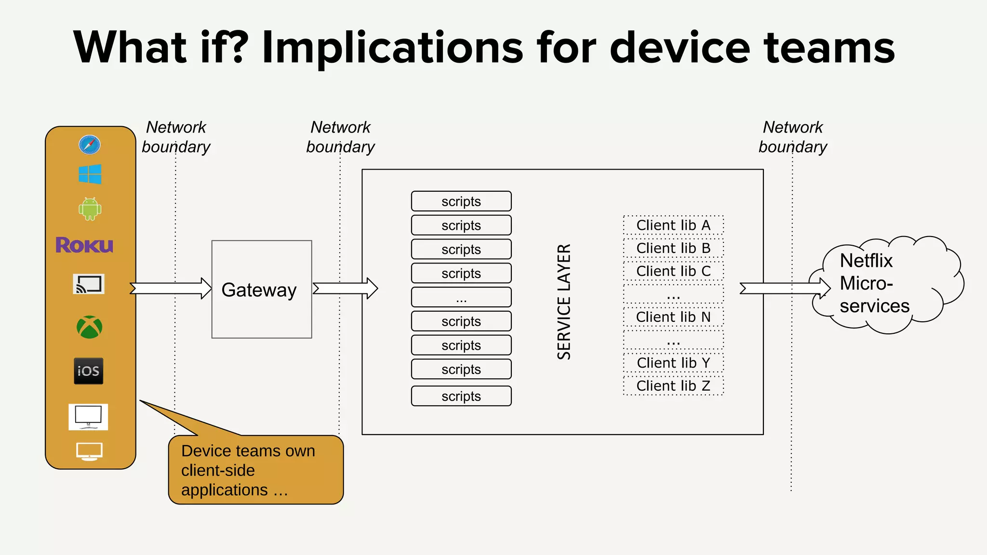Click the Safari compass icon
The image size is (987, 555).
tap(90, 145)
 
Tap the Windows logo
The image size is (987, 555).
tap(90, 174)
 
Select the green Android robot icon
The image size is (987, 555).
tap(90, 209)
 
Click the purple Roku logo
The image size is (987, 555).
tap(84, 245)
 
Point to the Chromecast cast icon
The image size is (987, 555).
tap(89, 284)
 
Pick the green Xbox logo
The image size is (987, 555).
tap(90, 327)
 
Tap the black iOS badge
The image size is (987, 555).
tap(89, 370)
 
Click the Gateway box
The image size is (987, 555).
tap(262, 289)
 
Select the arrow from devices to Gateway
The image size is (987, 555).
tap(171, 288)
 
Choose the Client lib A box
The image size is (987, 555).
tap(673, 225)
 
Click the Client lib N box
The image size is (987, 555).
tap(673, 317)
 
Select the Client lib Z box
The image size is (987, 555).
tap(673, 385)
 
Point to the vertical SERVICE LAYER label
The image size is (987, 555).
tap(564, 302)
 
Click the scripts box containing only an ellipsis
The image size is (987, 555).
tap(461, 297)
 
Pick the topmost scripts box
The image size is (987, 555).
tap(461, 201)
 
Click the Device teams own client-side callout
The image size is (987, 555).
tap(256, 470)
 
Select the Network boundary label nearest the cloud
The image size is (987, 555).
tap(793, 137)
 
